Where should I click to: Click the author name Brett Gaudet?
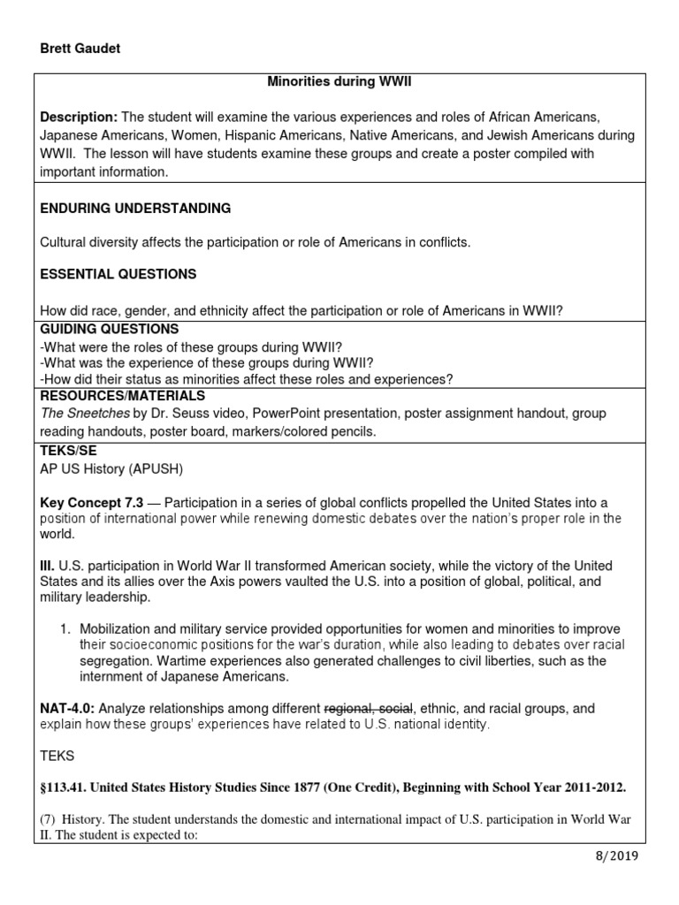(80, 49)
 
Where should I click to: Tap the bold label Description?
(78, 118)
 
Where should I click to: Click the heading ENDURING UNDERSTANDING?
(135, 209)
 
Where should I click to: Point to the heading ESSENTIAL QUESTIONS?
(118, 274)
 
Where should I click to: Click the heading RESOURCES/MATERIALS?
(123, 396)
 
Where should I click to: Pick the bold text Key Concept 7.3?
(93, 502)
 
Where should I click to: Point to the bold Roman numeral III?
(48, 565)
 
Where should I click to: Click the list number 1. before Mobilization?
(65, 628)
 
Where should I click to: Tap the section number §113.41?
(69, 787)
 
